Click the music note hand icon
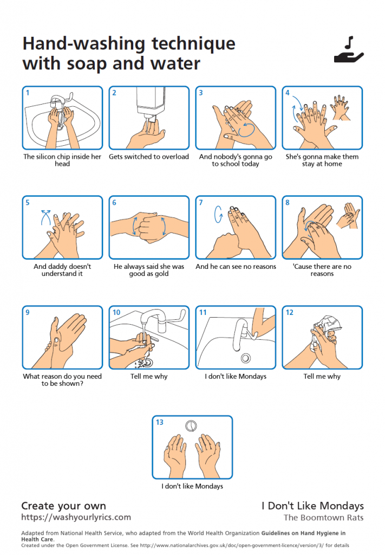(349, 50)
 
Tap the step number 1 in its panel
(28, 93)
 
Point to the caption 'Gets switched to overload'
(149, 157)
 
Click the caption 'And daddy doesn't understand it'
(62, 270)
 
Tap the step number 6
(114, 203)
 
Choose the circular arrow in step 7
(219, 214)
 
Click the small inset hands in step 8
(348, 215)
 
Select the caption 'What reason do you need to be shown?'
(62, 380)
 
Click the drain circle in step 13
(191, 425)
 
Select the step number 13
(160, 422)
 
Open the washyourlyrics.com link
(76, 518)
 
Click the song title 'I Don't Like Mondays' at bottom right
(312, 506)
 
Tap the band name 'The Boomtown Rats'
(323, 518)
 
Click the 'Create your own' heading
(63, 506)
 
